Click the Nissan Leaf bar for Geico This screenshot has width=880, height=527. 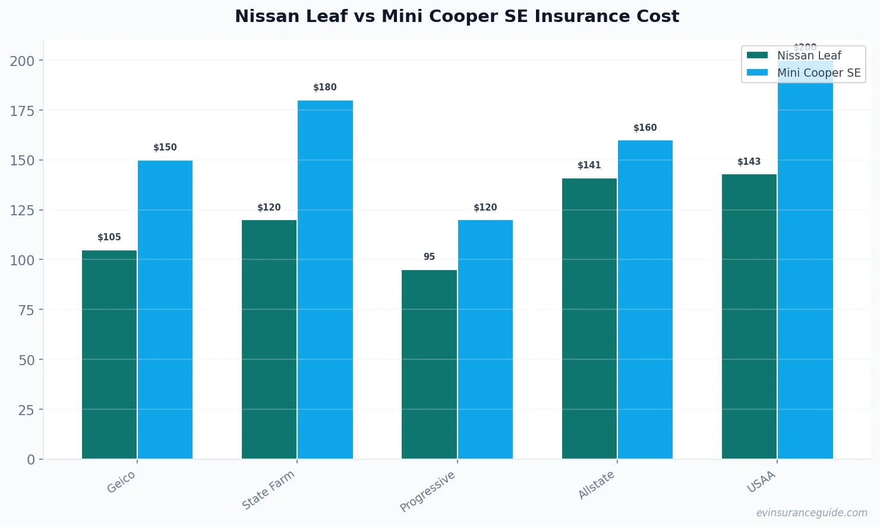point(109,355)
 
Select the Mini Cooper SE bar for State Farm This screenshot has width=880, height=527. point(325,280)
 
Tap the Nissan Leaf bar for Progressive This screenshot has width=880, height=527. point(429,364)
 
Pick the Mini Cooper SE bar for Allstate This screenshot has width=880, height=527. point(645,299)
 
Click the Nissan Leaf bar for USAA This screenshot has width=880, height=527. point(749,316)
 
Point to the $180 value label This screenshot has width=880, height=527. point(325,87)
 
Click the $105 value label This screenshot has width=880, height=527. point(109,237)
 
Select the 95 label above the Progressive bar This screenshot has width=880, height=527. point(429,257)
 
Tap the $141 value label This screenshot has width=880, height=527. point(589,165)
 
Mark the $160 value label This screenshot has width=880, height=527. point(645,128)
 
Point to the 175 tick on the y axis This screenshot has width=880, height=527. point(22,111)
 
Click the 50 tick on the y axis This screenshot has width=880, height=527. point(26,360)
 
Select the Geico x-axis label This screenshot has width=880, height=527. point(121,482)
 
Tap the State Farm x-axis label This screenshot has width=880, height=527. point(269,490)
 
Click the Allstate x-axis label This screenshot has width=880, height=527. point(597,485)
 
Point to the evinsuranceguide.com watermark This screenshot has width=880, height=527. point(811,513)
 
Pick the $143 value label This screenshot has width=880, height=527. point(749,162)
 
